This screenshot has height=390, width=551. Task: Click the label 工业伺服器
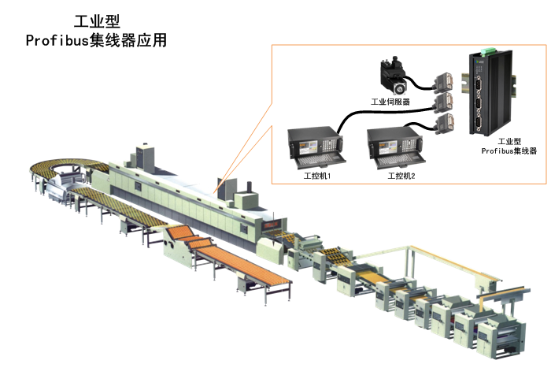point(390,101)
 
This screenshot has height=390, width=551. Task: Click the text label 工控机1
point(316,176)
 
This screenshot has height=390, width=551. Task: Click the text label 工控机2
point(401,176)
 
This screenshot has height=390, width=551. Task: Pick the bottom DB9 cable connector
point(446,123)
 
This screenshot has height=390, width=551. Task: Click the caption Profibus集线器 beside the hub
point(508,150)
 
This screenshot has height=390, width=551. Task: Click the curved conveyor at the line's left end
point(63,169)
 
